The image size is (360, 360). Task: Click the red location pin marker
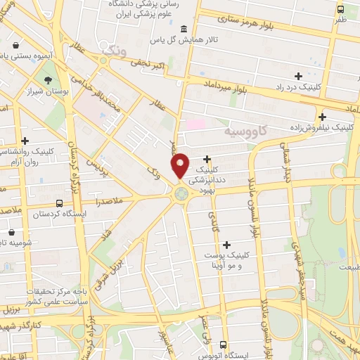click(x=181, y=165)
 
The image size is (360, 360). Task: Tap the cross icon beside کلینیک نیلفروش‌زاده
click(x=321, y=117)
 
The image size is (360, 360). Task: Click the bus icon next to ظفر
click(x=340, y=10)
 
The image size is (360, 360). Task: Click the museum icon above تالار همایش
click(x=184, y=29)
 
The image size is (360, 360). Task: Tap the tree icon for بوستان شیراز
click(x=48, y=80)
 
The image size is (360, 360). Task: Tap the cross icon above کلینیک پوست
click(x=226, y=245)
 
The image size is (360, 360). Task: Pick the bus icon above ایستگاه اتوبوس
click(x=224, y=345)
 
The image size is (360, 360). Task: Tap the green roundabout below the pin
click(x=181, y=193)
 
